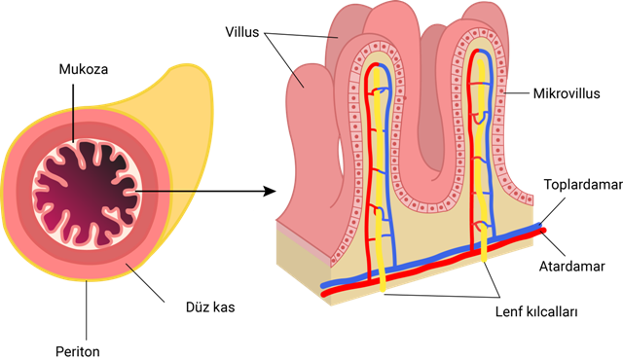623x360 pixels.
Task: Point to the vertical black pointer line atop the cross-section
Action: coord(72,124)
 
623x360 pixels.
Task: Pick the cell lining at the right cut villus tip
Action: coord(481,32)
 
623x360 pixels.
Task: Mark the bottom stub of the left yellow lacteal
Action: coord(382,283)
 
